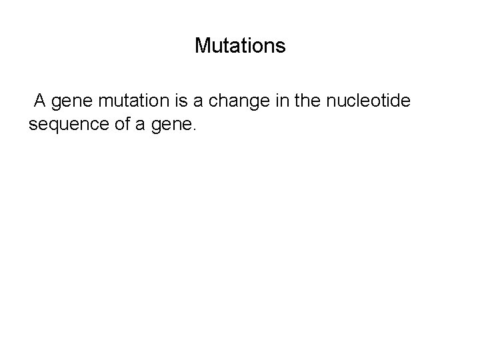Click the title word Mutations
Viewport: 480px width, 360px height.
[240, 46]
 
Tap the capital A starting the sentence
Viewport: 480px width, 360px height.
[40, 101]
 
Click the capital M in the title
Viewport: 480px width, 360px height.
[202, 46]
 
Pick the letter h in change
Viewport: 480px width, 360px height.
[222, 101]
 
